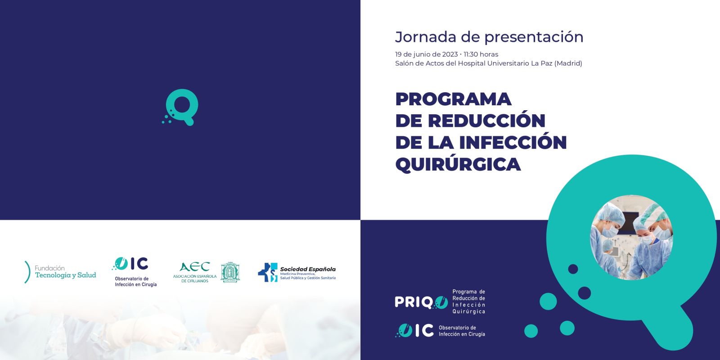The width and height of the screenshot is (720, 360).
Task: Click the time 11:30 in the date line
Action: (471, 54)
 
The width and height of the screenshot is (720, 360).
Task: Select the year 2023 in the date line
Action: (450, 54)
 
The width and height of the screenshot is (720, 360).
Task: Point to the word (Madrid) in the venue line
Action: (568, 63)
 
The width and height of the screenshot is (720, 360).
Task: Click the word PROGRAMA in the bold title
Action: (453, 99)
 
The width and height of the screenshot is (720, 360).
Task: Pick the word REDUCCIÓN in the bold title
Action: (486, 121)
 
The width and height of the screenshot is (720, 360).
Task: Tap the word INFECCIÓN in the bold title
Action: (513, 142)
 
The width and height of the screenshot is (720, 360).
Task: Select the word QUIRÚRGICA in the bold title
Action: (458, 164)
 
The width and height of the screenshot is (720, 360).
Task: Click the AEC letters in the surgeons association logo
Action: (195, 267)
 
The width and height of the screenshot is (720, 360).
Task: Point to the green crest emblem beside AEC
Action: (230, 272)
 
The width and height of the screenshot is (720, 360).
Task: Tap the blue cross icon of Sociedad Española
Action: (268, 272)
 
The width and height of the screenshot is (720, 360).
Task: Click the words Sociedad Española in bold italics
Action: (308, 269)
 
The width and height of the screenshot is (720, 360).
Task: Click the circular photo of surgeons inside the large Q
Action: (632, 238)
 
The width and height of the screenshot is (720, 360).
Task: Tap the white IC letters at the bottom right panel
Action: (424, 330)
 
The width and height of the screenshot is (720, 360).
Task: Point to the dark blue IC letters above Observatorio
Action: (139, 264)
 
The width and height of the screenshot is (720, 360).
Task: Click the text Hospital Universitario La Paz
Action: (505, 63)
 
